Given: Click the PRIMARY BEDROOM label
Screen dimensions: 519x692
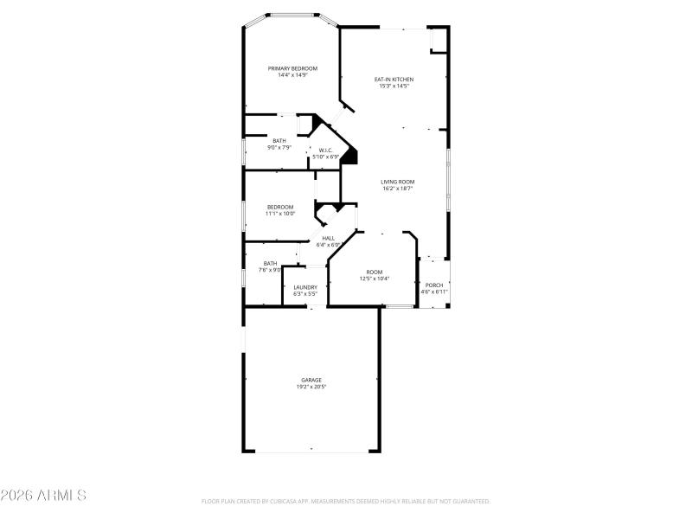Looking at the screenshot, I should (292, 68).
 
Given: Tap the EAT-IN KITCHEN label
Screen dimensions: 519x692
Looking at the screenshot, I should (393, 79).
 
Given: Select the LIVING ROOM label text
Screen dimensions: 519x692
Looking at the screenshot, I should (397, 182).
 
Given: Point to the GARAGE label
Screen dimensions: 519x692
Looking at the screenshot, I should (311, 380).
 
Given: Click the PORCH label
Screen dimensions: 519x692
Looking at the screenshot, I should (434, 285).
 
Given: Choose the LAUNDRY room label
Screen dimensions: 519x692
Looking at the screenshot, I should (304, 287).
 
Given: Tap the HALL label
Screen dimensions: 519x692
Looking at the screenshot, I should (328, 238).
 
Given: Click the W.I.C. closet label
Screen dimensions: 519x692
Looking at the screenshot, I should (326, 150).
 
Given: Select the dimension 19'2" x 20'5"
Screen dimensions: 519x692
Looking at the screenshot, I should (311, 387).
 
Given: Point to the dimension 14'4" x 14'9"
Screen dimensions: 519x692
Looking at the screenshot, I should (292, 75).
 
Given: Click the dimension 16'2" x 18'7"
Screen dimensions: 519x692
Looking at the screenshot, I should (397, 189).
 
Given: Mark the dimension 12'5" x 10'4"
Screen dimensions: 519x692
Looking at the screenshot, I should (374, 279).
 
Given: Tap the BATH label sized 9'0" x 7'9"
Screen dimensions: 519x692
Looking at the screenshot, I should (279, 141).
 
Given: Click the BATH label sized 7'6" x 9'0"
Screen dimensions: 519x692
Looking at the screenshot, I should (271, 264).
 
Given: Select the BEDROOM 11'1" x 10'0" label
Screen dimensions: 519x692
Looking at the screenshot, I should (280, 207).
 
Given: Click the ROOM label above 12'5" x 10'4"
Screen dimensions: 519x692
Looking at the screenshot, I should (374, 272).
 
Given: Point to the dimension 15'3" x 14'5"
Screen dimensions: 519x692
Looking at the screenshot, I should (393, 86).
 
